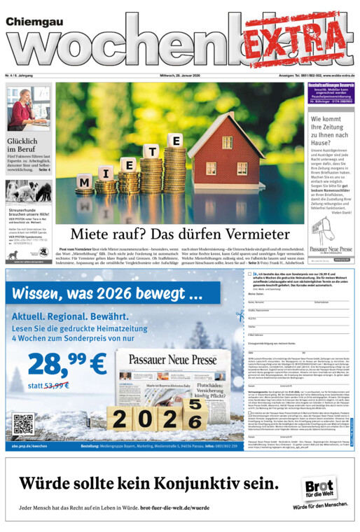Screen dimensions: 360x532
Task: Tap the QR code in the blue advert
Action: [23, 424]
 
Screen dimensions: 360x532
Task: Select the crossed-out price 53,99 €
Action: [56, 386]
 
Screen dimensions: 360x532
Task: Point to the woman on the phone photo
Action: [28, 108]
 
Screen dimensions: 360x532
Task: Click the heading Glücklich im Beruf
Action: [22, 145]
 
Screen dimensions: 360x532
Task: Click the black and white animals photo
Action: [28, 192]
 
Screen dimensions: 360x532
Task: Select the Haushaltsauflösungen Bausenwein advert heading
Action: [331, 85]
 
